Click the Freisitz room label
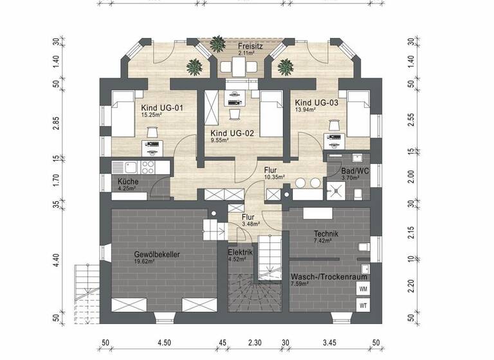pyautogui.click(x=248, y=46)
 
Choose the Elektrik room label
pyautogui.click(x=240, y=253)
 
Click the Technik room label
pyautogui.click(x=325, y=234)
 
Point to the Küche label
pyautogui.click(x=127, y=182)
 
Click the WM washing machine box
pyautogui.click(x=363, y=290)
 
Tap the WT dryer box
pyautogui.click(x=363, y=305)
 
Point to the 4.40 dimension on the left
pyautogui.click(x=57, y=260)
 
